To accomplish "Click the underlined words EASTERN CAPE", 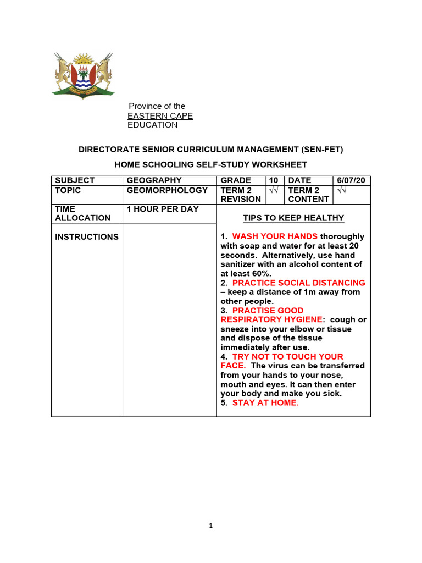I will click(160, 115).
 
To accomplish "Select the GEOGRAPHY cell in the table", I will click(154, 180).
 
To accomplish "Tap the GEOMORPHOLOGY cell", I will click(167, 190).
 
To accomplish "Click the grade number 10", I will click(273, 180).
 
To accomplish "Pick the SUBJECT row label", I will click(75, 180).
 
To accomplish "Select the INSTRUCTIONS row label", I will click(87, 237).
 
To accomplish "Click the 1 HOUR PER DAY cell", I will click(163, 209).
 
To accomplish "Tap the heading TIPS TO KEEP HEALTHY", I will click(293, 218).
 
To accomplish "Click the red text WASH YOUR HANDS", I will click(275, 237).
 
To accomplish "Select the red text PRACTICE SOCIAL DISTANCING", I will click(298, 283).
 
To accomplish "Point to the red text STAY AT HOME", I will click(265, 403).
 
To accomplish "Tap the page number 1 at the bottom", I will click(210, 526).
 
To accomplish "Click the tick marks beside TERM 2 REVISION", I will click(274, 190).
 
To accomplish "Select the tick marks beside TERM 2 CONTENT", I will click(342, 190).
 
